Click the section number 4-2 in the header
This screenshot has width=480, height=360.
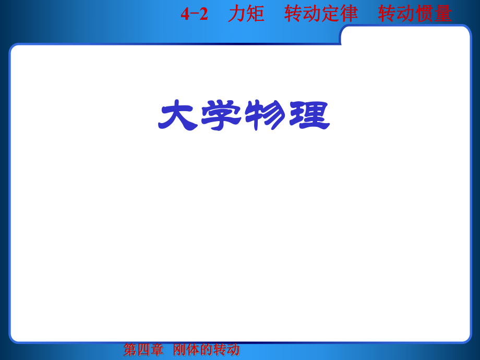(194, 14)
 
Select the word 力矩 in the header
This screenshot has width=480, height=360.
(246, 14)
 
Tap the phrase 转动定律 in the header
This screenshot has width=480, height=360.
(321, 14)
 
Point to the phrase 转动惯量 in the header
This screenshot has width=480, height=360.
(415, 14)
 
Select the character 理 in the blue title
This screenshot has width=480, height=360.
(309, 116)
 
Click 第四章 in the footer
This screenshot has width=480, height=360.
(143, 350)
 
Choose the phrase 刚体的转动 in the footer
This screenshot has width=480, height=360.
(207, 350)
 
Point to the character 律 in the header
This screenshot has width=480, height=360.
(349, 14)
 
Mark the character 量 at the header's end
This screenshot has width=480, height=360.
(443, 14)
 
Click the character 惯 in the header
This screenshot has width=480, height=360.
(424, 14)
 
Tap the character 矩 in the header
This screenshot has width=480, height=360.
(256, 14)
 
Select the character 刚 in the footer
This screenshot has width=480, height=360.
(180, 350)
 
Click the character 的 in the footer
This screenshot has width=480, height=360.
(207, 350)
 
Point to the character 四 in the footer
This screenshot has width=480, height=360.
(143, 350)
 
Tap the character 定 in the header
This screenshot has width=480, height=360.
(330, 14)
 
